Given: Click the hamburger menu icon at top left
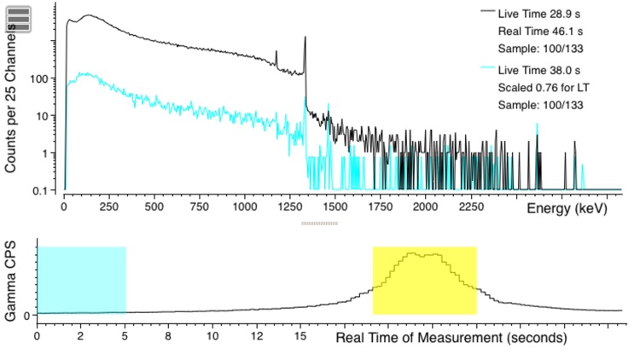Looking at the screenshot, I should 19,19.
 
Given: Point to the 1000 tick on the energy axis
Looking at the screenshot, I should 244,206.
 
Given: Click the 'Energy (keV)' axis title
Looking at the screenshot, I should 567,208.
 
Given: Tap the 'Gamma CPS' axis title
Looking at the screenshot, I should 12,281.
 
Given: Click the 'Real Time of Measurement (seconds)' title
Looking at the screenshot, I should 451,337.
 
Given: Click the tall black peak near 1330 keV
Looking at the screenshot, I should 305,43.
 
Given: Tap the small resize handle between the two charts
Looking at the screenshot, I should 319,224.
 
